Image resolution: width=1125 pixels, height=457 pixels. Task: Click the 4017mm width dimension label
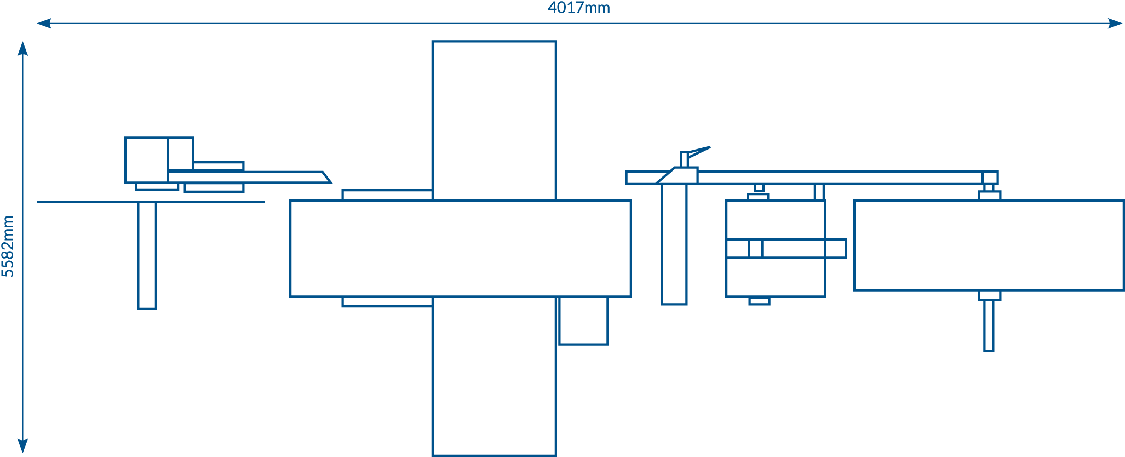pyautogui.click(x=579, y=8)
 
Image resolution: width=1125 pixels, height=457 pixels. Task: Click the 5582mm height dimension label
pyautogui.click(x=8, y=246)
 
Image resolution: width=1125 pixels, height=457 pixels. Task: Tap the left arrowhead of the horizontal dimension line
pyautogui.click(x=44, y=24)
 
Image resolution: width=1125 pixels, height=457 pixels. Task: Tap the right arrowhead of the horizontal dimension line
pyautogui.click(x=1115, y=24)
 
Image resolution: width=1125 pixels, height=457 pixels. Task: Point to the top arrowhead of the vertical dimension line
pyautogui.click(x=22, y=48)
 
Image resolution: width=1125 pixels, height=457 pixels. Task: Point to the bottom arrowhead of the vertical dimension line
pyautogui.click(x=22, y=446)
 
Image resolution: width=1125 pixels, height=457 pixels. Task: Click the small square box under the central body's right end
pyautogui.click(x=583, y=321)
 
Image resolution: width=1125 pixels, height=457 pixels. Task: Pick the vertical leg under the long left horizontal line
pyautogui.click(x=147, y=256)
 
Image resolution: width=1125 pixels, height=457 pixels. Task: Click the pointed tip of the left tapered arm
pyautogui.click(x=331, y=182)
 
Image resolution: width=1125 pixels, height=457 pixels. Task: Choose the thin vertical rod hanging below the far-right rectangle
pyautogui.click(x=989, y=325)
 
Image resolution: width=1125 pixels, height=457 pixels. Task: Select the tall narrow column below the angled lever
pyautogui.click(x=674, y=244)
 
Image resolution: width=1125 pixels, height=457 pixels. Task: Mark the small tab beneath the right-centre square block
pyautogui.click(x=759, y=301)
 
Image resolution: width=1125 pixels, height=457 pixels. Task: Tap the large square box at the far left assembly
pyautogui.click(x=146, y=160)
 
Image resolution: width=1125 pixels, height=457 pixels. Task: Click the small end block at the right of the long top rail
pyautogui.click(x=990, y=178)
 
